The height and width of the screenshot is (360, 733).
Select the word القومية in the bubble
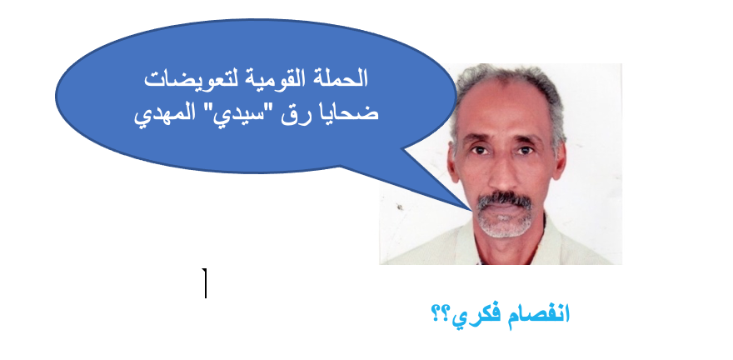[x=280, y=79]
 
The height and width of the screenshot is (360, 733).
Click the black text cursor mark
[x=205, y=282]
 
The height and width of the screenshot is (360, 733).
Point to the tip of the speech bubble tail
[x=472, y=210]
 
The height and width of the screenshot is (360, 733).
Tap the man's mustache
[x=504, y=200]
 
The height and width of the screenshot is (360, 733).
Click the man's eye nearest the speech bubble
[x=478, y=150]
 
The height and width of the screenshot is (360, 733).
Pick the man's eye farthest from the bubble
[x=525, y=150]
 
